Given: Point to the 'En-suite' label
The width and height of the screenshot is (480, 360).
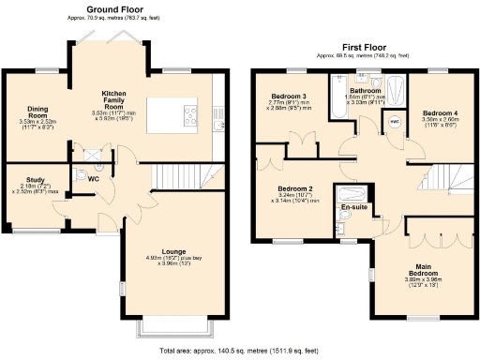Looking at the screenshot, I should pos(353,206).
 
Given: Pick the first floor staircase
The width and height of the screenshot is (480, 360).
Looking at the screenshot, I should pos(440,179).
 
